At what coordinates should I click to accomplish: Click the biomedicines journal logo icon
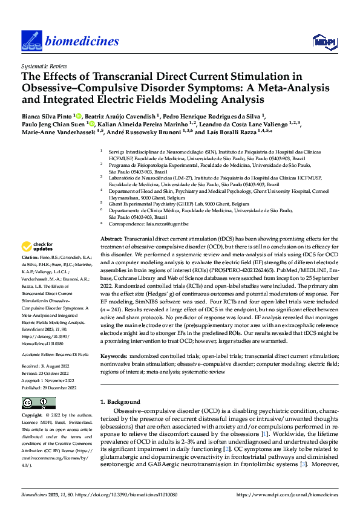click(x=31, y=41)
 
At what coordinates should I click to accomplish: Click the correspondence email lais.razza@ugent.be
click(x=155, y=224)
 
